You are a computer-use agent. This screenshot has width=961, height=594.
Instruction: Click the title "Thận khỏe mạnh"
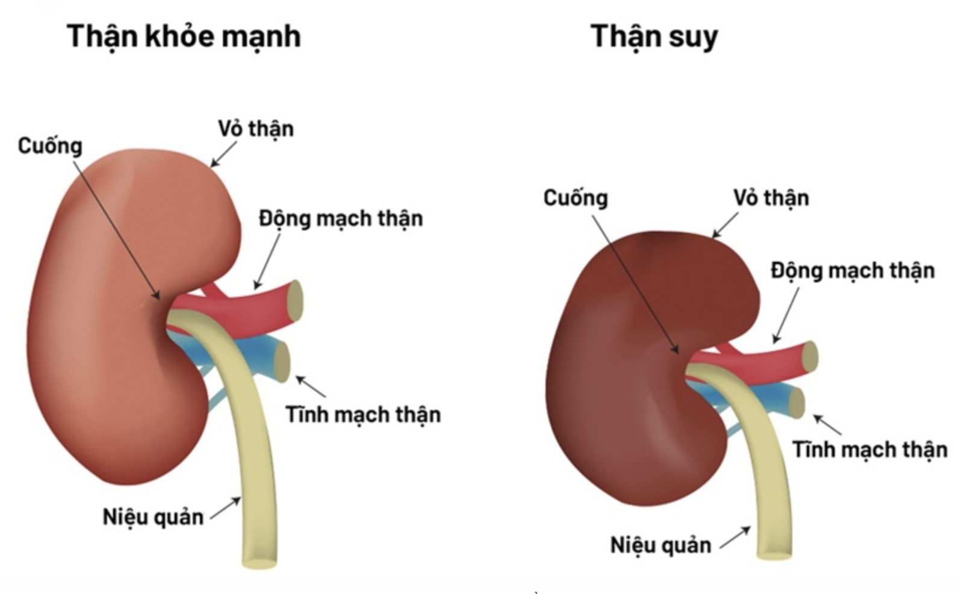click(184, 36)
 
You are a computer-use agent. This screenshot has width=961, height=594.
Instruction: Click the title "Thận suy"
click(654, 36)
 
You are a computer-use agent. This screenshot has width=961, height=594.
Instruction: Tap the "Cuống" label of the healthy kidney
click(50, 146)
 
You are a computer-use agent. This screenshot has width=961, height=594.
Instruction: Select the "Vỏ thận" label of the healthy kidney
click(256, 129)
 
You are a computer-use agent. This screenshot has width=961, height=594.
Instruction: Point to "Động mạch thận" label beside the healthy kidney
click(341, 218)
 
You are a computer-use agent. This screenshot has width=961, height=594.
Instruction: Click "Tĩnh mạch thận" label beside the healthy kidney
click(363, 415)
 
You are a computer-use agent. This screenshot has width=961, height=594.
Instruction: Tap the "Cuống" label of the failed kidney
click(576, 198)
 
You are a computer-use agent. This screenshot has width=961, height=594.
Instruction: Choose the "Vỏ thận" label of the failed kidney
click(771, 198)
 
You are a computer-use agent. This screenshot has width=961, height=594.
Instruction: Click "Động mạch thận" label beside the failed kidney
click(853, 271)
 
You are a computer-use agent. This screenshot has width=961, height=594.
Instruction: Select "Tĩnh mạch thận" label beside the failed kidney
click(869, 450)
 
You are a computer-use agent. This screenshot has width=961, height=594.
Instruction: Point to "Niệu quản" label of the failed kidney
click(661, 545)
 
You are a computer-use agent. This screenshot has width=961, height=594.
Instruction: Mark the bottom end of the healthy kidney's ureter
click(260, 562)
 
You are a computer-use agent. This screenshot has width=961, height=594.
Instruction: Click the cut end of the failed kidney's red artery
click(810, 355)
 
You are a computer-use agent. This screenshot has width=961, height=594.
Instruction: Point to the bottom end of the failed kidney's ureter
click(774, 554)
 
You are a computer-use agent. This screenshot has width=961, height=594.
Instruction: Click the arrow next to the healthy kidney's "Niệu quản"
click(225, 508)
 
